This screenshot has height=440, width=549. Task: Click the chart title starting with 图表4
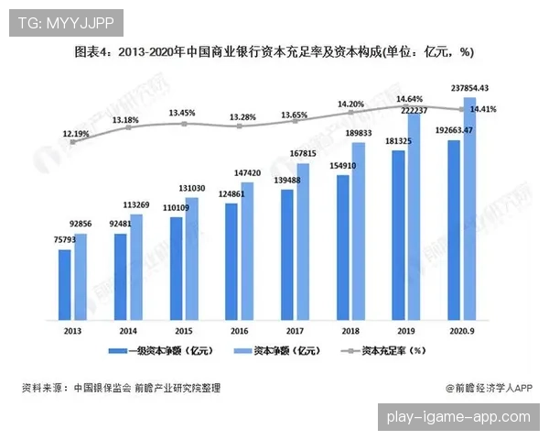(274, 51)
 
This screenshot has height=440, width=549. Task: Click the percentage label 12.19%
(76, 134)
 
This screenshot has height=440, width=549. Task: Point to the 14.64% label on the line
(409, 98)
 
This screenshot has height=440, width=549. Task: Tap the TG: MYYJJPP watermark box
(62, 22)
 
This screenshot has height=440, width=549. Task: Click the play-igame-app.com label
(458, 417)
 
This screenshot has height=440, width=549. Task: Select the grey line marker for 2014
(127, 127)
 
